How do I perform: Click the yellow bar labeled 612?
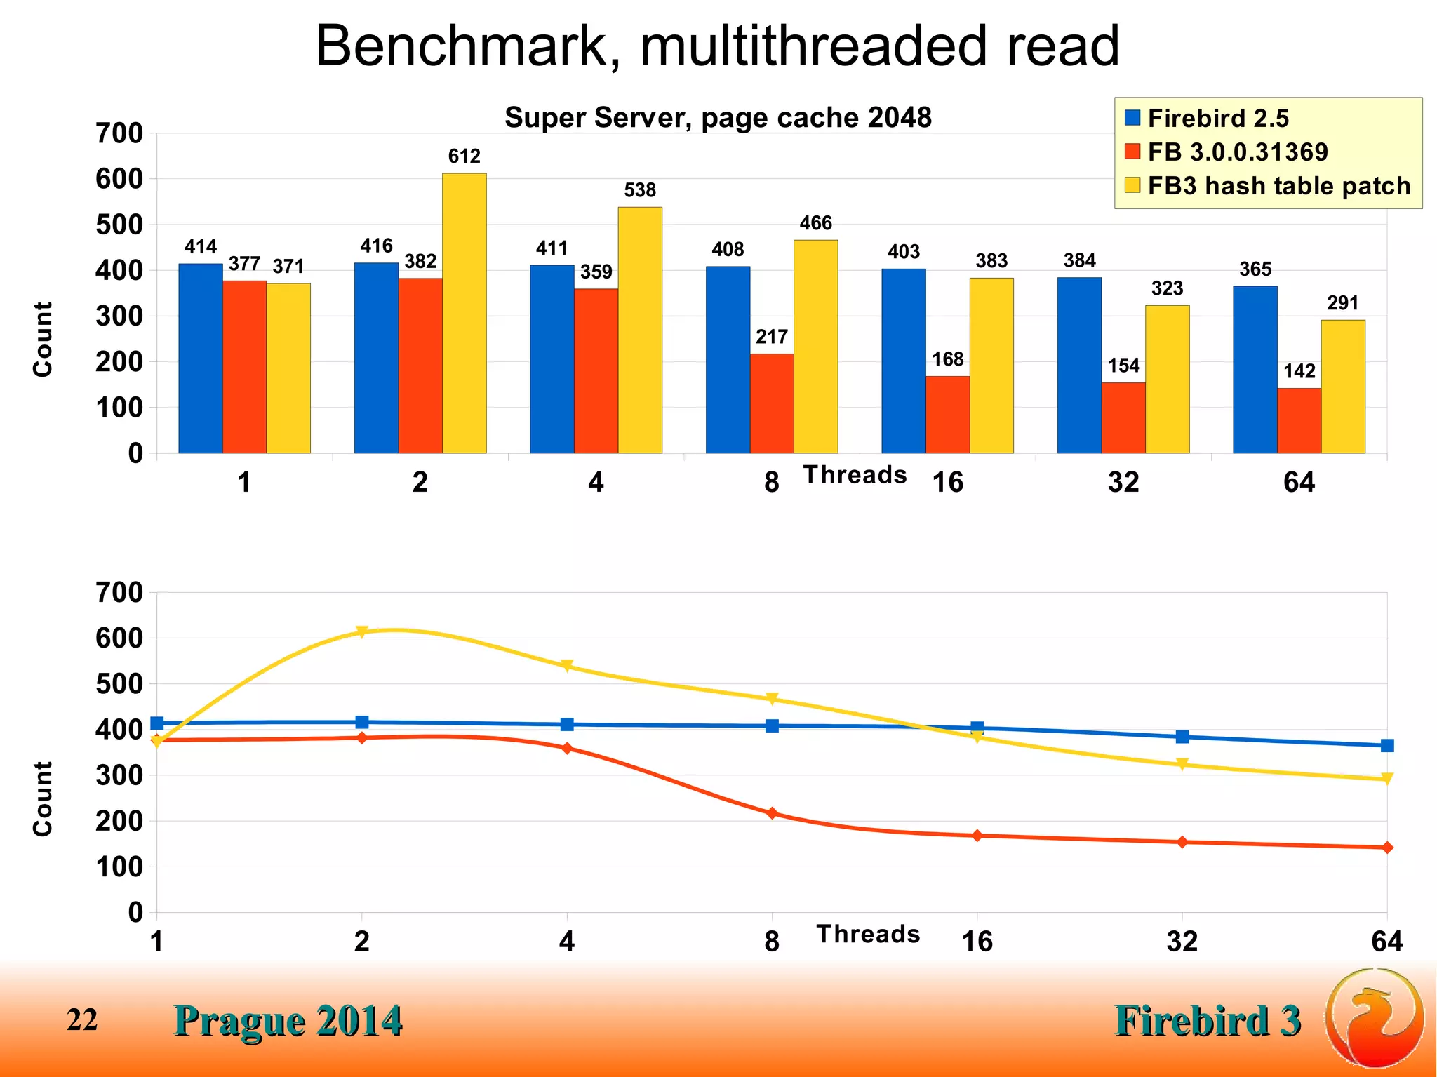tap(464, 313)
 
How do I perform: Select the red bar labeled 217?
tap(771, 403)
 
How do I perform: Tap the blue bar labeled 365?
tap(1255, 370)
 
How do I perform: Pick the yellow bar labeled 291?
tap(1343, 387)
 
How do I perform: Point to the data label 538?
tap(640, 190)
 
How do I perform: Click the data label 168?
tap(947, 360)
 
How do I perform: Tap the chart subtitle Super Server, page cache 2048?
tap(718, 118)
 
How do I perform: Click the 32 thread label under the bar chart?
tap(1123, 483)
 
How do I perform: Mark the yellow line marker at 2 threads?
tap(361, 632)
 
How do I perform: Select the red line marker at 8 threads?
tap(772, 813)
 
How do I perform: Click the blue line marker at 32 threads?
tap(1182, 737)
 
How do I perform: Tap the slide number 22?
tap(82, 1020)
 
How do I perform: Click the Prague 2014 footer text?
tap(288, 1021)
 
